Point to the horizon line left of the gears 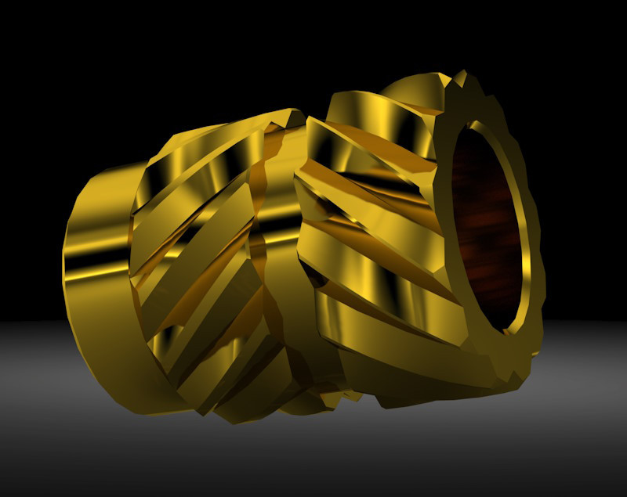pyautogui.click(x=31, y=321)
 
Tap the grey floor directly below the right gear pyautogui.click(x=439, y=446)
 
